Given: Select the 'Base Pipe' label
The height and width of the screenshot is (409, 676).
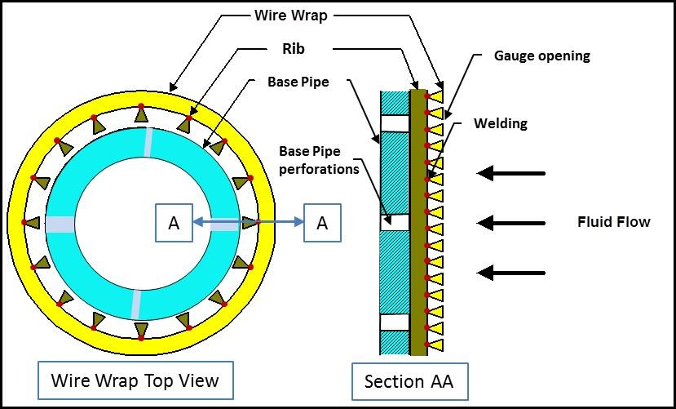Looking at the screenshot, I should [298, 82].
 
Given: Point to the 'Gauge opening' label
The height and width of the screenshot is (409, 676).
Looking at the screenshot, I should [541, 56].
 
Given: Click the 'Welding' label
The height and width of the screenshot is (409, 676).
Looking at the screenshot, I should [501, 124].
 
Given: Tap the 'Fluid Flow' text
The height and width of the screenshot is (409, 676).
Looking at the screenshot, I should [613, 221].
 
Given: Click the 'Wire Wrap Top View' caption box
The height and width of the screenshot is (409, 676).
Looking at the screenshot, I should [135, 380].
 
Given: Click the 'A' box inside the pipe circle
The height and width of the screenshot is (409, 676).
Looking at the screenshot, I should [174, 223].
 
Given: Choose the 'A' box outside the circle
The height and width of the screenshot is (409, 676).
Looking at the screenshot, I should [322, 223].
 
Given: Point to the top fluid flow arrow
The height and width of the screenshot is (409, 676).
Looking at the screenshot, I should [510, 173].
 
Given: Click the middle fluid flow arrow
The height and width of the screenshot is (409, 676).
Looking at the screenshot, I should [510, 222].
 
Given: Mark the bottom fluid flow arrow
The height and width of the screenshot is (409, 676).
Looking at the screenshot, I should [510, 272].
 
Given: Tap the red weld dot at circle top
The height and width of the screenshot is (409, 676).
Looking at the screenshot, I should [141, 106].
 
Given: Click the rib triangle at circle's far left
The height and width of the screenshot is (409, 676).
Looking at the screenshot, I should [33, 222].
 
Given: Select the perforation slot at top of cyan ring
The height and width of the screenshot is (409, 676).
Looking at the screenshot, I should [147, 140].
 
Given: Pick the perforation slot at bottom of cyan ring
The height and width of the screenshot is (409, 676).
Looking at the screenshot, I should [135, 303].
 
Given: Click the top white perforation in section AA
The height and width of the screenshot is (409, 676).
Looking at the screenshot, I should [394, 123].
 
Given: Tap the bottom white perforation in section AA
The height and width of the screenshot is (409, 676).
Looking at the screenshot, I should [394, 322].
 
